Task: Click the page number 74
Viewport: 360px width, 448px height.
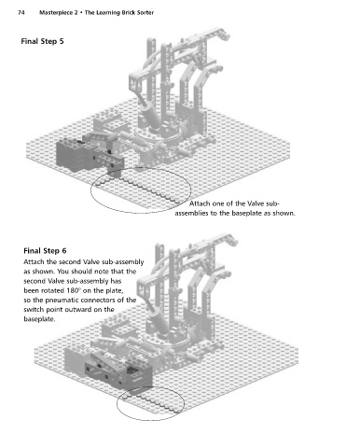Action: (x=21, y=13)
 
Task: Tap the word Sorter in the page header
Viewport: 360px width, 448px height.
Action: (x=145, y=13)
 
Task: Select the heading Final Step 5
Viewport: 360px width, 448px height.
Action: (x=42, y=41)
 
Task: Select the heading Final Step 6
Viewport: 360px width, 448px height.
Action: (x=45, y=251)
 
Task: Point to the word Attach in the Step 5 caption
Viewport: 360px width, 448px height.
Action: (x=200, y=203)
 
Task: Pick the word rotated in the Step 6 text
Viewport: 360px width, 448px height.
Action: (x=53, y=290)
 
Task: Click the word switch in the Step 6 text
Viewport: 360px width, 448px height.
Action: (x=33, y=310)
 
